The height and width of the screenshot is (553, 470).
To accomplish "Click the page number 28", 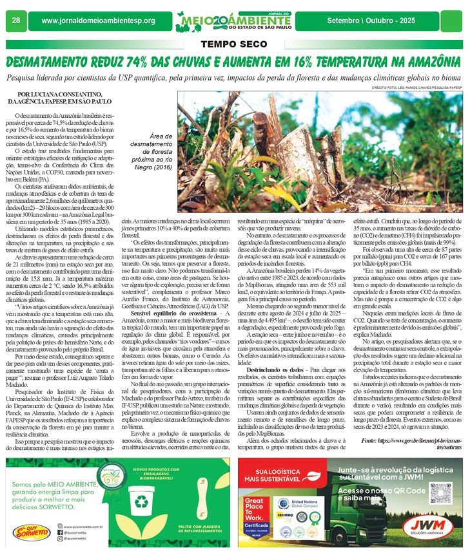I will tap(15, 21).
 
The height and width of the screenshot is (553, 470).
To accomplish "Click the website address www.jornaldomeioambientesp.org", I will tap(98, 21).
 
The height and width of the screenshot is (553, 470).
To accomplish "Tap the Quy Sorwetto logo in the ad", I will tap(30, 532).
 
